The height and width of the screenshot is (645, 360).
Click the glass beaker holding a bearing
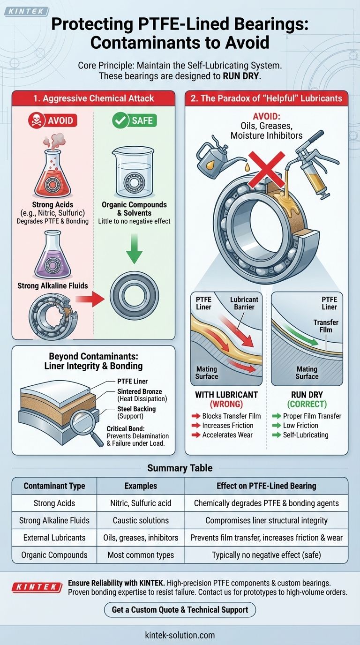click(x=134, y=176)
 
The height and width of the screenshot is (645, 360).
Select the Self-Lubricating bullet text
click(x=305, y=435)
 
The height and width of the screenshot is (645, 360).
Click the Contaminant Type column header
click(x=54, y=486)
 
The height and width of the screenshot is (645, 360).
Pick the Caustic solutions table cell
click(x=141, y=520)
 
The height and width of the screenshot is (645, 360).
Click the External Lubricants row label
click(x=54, y=538)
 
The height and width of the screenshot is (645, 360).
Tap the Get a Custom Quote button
click(x=180, y=609)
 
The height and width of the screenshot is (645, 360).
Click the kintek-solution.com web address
click(x=180, y=635)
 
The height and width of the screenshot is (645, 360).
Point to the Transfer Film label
click(x=326, y=326)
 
